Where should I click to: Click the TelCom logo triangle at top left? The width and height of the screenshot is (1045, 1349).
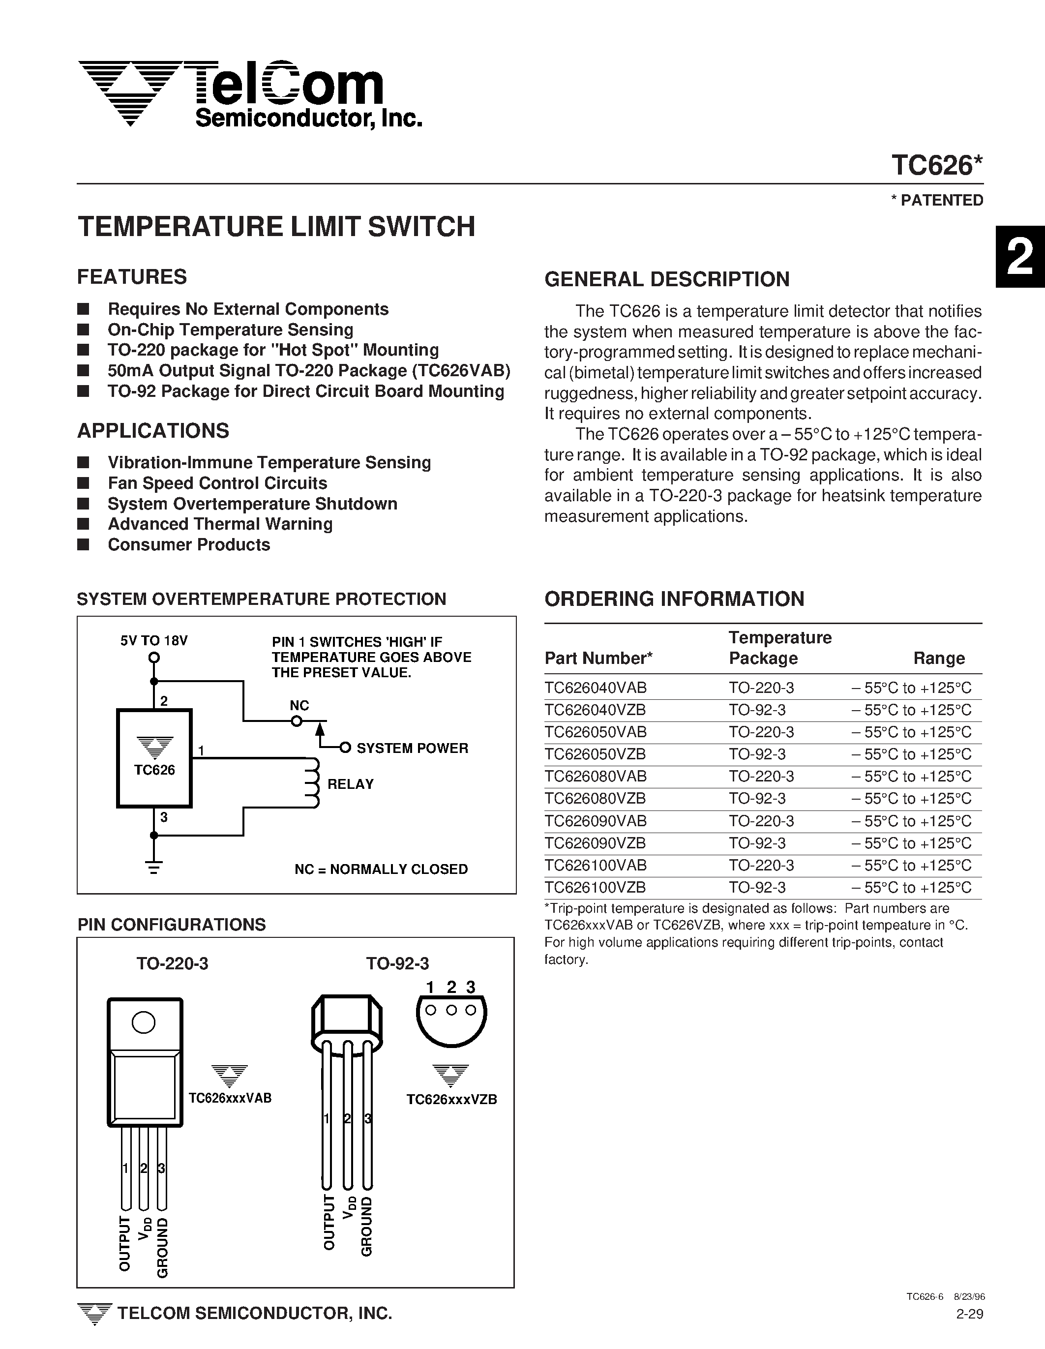130,92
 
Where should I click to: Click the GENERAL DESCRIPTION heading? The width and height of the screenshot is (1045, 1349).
666,279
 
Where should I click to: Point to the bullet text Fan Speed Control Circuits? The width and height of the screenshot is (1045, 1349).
217,483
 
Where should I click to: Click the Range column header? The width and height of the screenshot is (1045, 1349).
938,659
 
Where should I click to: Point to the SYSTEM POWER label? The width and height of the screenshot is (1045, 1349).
412,748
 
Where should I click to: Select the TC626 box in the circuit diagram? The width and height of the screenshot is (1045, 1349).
154,758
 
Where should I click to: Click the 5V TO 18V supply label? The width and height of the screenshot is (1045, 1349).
154,640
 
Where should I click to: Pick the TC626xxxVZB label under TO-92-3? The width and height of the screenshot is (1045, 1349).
451,1100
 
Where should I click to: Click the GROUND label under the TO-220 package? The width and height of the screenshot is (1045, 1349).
162,1247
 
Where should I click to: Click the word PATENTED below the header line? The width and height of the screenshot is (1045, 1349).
941,200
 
